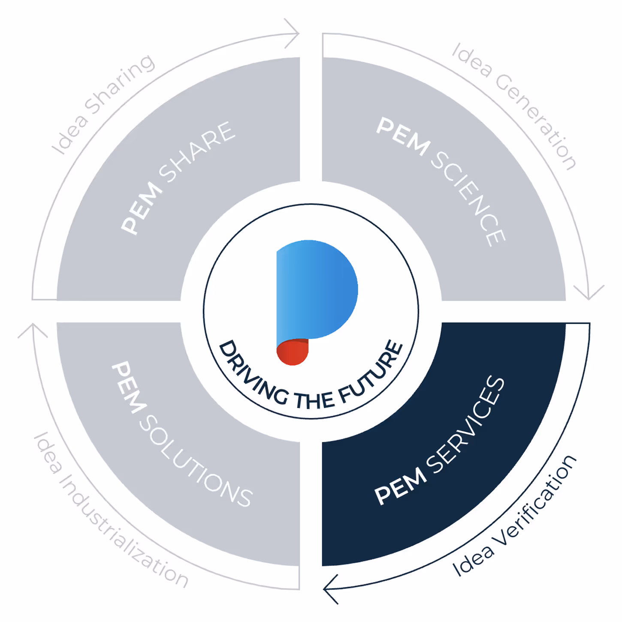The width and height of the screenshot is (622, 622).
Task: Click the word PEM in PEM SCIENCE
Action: (x=403, y=137)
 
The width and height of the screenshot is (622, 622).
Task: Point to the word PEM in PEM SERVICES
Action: (x=400, y=485)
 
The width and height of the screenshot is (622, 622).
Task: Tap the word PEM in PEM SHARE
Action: (x=141, y=207)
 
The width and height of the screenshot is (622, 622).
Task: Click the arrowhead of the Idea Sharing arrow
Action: (x=293, y=33)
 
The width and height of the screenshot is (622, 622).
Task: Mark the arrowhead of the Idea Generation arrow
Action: (x=589, y=292)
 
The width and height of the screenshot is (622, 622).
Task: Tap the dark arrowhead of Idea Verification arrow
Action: (x=331, y=589)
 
